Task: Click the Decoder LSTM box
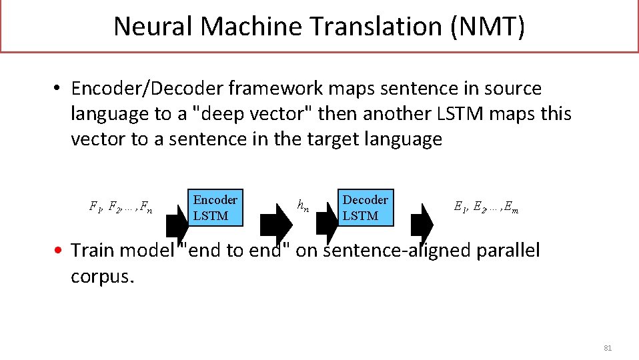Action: pos(365,207)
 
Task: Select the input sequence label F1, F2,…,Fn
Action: pos(121,207)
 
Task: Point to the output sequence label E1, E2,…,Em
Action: pos(486,207)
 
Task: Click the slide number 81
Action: pos(608,348)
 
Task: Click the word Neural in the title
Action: pos(153,27)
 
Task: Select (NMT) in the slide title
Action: pos(488,27)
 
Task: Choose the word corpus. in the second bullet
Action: pos(103,276)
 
